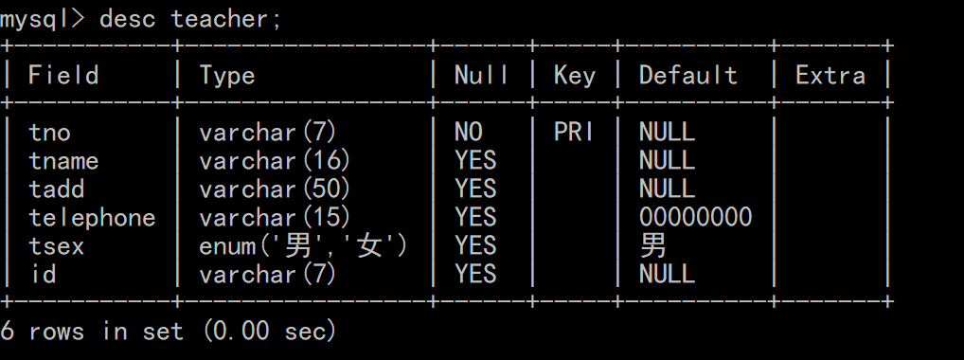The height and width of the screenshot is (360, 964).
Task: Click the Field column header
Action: [x=63, y=76]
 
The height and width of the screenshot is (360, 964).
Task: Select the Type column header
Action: [x=227, y=76]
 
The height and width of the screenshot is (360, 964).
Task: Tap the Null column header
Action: [x=481, y=76]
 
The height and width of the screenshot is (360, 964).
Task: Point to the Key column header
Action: [x=574, y=76]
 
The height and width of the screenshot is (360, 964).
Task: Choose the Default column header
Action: [x=687, y=76]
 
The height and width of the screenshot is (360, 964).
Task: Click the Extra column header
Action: [x=830, y=76]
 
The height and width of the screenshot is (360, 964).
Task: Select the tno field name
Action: [x=49, y=133]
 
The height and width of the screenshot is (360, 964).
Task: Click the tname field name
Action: [x=63, y=161]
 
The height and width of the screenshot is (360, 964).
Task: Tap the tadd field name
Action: [x=57, y=189]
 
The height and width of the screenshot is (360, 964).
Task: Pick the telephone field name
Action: [x=92, y=218]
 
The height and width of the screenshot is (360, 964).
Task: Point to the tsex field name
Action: [x=57, y=246]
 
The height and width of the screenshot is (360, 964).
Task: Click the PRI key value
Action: [x=574, y=133]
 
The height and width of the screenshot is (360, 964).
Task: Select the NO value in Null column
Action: [x=468, y=133]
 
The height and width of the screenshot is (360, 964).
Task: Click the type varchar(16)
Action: [x=275, y=161]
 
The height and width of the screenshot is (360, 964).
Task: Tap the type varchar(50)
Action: [x=275, y=189]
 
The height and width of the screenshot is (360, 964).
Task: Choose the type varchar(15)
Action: [x=275, y=218]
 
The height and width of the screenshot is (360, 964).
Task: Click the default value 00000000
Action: [x=695, y=218]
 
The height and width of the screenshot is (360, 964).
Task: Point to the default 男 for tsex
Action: [x=652, y=246]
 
